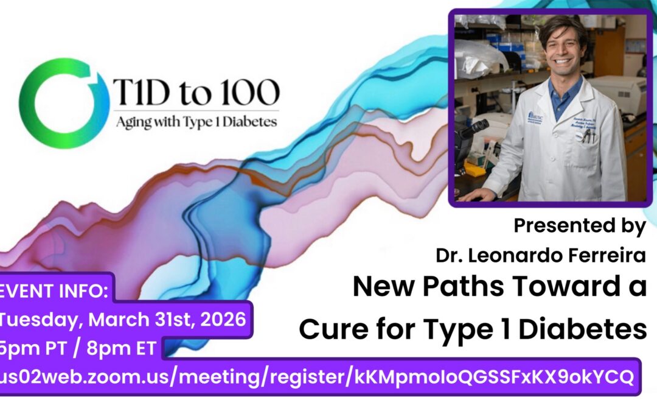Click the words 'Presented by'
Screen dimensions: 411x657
point(579,226)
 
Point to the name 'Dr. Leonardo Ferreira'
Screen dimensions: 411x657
point(540,256)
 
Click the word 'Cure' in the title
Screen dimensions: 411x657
point(328,329)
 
